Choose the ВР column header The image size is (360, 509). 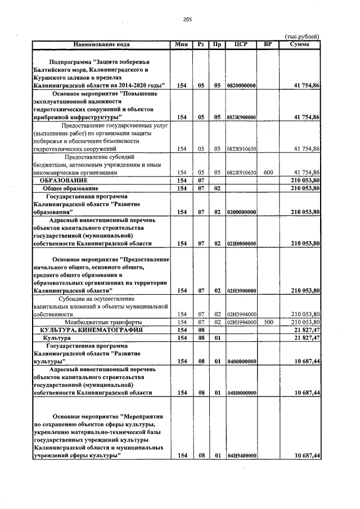point(268,43)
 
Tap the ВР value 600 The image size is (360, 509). point(268,173)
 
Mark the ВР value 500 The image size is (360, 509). point(268,322)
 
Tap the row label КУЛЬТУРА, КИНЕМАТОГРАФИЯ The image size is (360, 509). point(91,330)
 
